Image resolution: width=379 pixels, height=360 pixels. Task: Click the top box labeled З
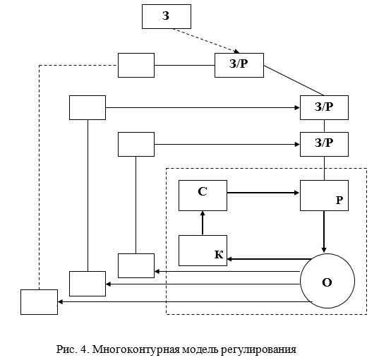pos(167,16)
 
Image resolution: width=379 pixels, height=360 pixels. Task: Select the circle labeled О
pos(327,281)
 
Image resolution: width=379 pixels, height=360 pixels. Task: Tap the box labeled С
pos(203,196)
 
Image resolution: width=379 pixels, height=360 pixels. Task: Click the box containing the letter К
pos(203,251)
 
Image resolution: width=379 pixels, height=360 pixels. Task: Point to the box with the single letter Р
pos(324,196)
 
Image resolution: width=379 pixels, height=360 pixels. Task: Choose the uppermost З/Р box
pos(239,65)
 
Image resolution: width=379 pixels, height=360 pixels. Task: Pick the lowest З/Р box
pos(324,144)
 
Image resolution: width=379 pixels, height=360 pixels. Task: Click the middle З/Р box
pos(324,107)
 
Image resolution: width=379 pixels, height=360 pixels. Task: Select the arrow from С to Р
pos(263,193)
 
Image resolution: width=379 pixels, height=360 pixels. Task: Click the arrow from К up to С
pos(203,222)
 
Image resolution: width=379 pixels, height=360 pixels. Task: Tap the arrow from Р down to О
pos(324,232)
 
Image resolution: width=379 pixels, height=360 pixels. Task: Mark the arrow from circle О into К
pos(270,259)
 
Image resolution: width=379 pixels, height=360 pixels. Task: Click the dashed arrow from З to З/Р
pos(206,41)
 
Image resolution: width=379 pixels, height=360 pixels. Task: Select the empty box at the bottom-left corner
pos(39,302)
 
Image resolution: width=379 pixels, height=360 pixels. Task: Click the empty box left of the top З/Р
pos(136,65)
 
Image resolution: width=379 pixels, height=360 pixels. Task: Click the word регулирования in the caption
pos(258,350)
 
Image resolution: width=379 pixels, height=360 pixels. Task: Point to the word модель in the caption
pos(200,349)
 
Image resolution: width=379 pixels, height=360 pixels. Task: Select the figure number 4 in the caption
pos(85,349)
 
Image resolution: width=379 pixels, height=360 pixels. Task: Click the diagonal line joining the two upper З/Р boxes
pos(294,80)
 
